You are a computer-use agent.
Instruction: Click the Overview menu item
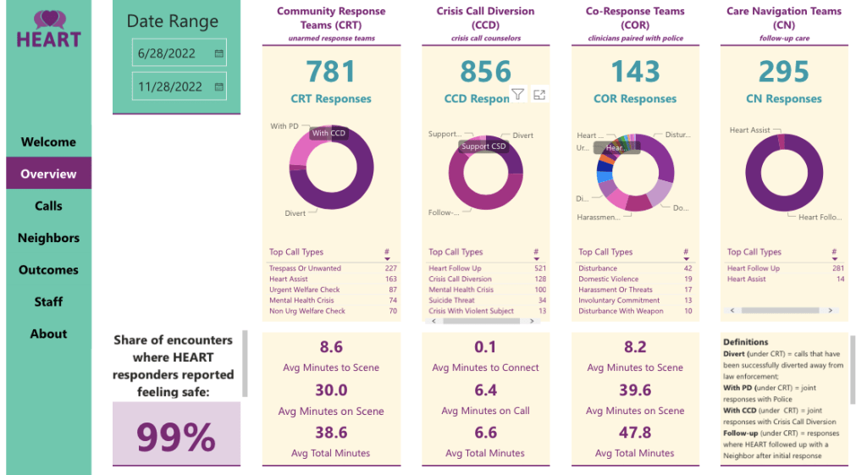click(x=48, y=174)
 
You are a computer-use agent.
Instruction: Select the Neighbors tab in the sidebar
click(x=48, y=238)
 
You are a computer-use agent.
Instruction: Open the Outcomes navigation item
click(x=48, y=270)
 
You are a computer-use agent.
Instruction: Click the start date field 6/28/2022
click(x=168, y=52)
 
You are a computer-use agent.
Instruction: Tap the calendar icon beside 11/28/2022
click(x=219, y=86)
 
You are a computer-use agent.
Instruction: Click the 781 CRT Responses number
click(x=331, y=71)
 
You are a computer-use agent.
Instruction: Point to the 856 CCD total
click(x=486, y=71)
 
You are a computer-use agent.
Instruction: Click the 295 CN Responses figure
click(x=784, y=71)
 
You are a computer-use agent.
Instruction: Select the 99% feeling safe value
click(x=176, y=438)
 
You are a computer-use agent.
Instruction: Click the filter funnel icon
click(x=517, y=95)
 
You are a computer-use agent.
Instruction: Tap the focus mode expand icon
click(x=539, y=95)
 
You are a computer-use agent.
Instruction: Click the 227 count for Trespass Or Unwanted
click(x=390, y=268)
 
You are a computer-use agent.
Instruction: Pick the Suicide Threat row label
click(x=452, y=301)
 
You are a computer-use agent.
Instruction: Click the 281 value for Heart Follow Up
click(x=837, y=268)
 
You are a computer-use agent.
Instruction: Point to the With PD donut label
click(x=284, y=126)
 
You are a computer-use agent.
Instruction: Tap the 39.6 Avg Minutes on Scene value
click(x=635, y=390)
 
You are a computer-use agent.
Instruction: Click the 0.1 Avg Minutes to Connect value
click(x=485, y=347)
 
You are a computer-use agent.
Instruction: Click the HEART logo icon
click(x=48, y=19)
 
